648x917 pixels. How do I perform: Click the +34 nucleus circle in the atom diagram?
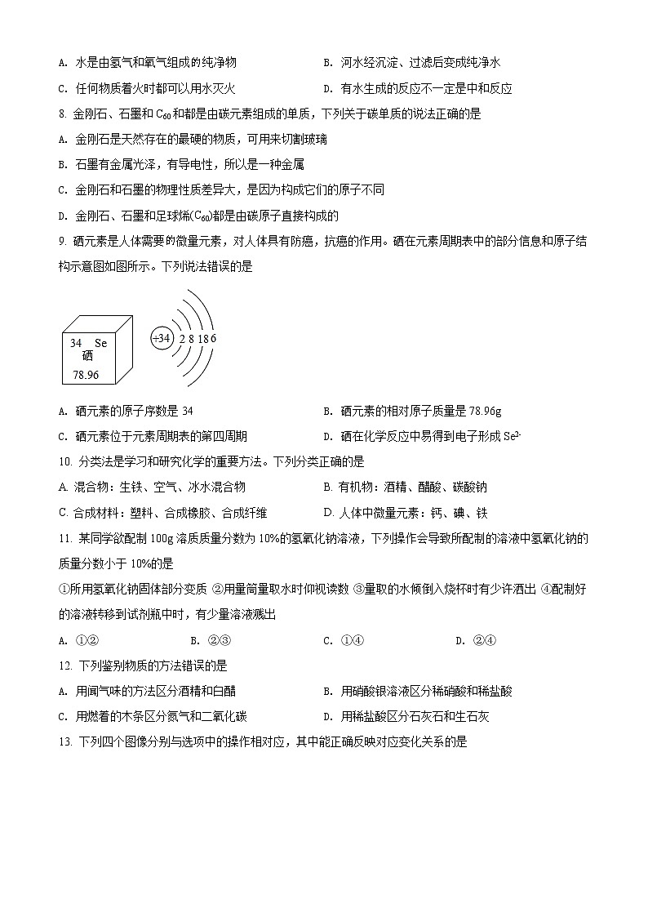point(161,339)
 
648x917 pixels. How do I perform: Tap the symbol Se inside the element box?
point(100,343)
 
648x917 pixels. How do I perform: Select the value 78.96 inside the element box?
point(86,375)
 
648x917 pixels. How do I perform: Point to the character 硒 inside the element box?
point(87,356)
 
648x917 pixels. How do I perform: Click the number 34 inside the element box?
point(76,343)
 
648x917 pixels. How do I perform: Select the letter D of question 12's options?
point(327,717)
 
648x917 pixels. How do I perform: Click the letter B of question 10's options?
point(327,487)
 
